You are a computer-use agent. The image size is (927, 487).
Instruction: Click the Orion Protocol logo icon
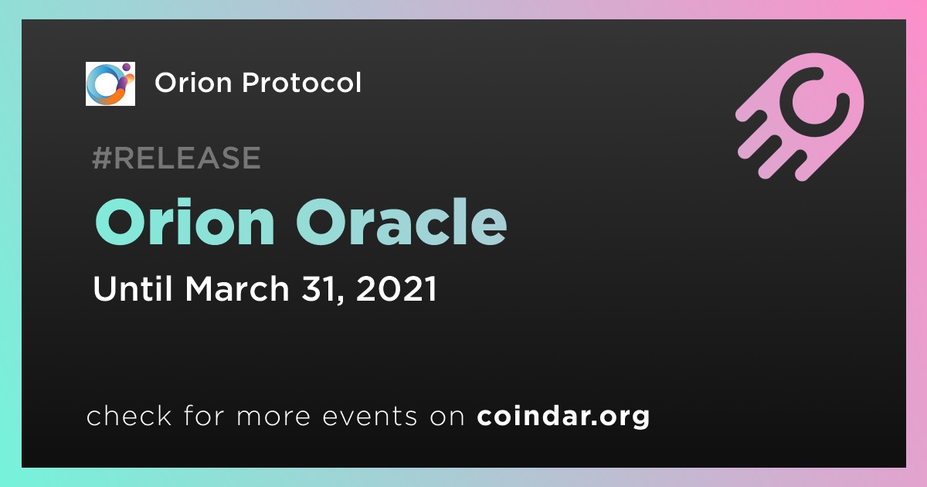point(110,83)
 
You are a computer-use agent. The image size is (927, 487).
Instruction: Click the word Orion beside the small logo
point(193,83)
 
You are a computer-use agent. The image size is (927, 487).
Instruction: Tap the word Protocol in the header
point(302,82)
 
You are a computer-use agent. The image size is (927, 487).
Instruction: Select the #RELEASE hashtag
point(176,158)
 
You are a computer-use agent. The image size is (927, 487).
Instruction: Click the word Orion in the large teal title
point(185,222)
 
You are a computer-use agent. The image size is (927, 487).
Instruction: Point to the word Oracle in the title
point(402,222)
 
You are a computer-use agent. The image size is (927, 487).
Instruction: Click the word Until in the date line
point(132,288)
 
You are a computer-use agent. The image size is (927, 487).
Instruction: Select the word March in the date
point(237,288)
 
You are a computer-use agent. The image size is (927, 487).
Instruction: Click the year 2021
point(396,288)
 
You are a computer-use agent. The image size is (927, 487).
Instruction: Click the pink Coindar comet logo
point(800,117)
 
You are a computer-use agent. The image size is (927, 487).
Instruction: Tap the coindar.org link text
point(563,417)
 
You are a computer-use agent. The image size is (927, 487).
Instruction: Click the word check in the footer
point(129,415)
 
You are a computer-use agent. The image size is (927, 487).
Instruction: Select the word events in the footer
point(370,416)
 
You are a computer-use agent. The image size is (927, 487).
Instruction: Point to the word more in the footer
point(273,417)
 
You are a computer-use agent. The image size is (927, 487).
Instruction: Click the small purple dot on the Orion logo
point(126,67)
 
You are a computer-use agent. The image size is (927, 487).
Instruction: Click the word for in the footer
point(204,415)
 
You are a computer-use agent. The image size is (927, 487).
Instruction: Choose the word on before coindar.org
point(447,417)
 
